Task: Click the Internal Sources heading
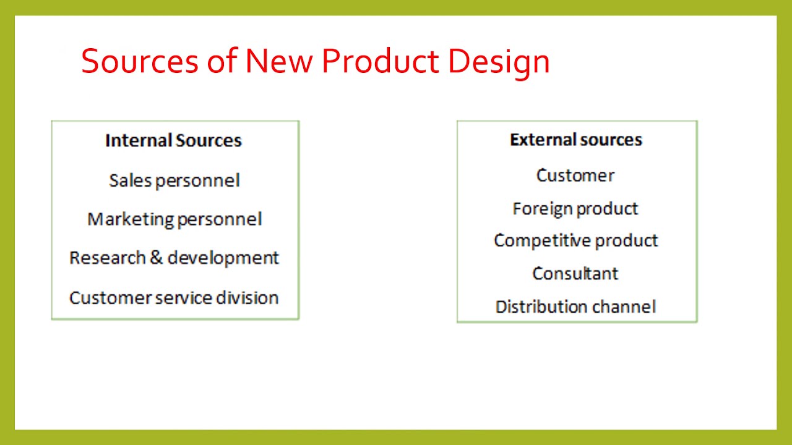(173, 140)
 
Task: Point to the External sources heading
(576, 140)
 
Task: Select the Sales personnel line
(174, 180)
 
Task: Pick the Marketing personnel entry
(174, 219)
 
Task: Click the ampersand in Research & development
(157, 258)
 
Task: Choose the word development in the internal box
(223, 258)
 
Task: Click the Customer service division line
(174, 298)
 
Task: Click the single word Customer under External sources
(575, 176)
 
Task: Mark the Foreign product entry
(575, 209)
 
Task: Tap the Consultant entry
(575, 273)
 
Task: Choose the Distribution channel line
(575, 307)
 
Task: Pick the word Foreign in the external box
(543, 209)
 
